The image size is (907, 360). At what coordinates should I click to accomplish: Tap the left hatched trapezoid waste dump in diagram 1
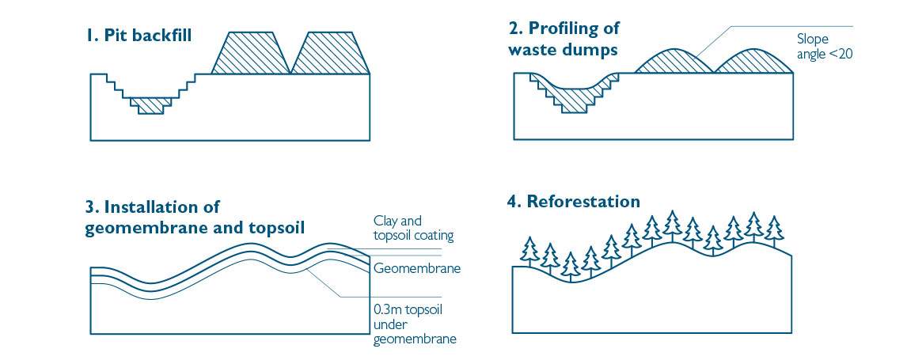point(254,54)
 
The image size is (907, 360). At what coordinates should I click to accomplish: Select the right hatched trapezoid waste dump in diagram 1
point(332,54)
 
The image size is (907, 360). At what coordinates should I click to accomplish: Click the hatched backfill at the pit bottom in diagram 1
point(150,104)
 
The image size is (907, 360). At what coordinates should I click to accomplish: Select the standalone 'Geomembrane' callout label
point(417,269)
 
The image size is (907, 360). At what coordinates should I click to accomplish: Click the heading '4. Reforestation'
point(573,201)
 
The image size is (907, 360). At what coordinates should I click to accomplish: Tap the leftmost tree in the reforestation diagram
point(529,252)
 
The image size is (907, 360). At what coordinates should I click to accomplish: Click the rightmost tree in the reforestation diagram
point(774,229)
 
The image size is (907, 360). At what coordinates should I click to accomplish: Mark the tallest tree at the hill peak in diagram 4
point(672,225)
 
